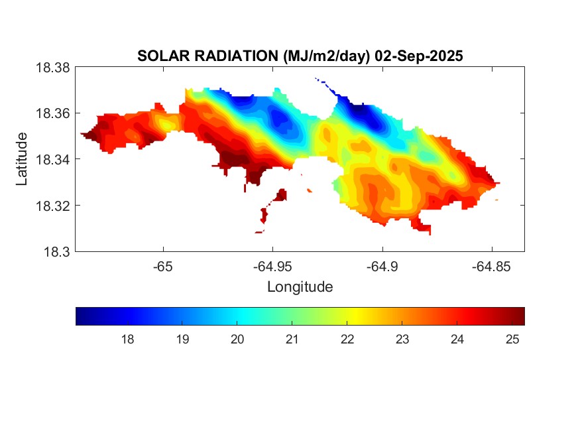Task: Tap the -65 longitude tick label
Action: coord(163,267)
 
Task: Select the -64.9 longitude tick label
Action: coord(382,267)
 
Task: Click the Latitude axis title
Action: coord(22,159)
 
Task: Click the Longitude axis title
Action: coord(300,287)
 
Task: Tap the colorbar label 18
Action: coord(128,340)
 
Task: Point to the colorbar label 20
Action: coord(237,340)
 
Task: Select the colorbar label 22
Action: coord(347,340)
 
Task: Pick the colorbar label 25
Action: coord(512,340)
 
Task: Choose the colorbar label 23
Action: coord(402,340)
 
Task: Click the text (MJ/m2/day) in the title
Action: coord(325,56)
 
